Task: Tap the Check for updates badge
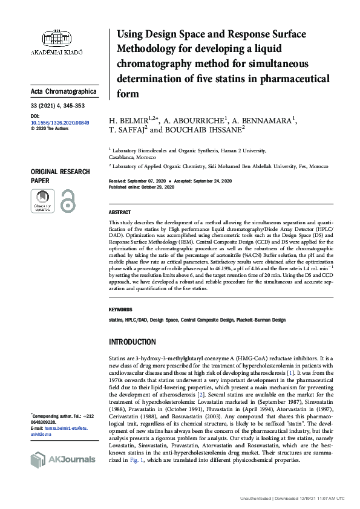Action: (42, 201)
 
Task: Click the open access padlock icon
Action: (67, 201)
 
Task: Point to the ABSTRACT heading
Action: (119, 213)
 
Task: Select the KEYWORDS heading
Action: (120, 309)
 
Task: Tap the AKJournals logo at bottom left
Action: (62, 459)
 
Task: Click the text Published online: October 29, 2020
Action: (142, 187)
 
